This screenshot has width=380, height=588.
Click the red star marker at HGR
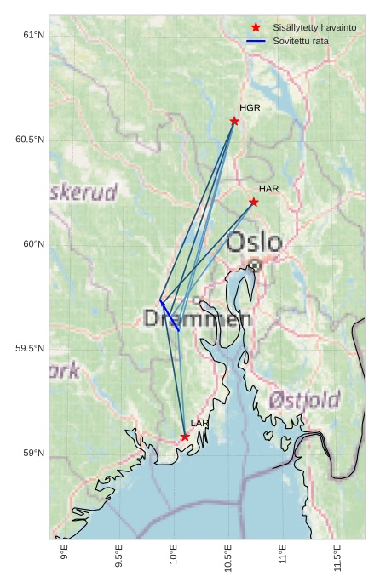[x=234, y=121]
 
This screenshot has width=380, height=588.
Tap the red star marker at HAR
[x=254, y=202]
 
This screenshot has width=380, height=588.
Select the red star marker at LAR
[x=185, y=437]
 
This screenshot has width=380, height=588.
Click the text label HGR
[x=250, y=108]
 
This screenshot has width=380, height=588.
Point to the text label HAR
[x=269, y=188]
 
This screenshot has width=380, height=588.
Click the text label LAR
[x=199, y=423]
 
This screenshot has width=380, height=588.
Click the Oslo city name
[x=254, y=243]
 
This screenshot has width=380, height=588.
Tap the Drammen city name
[x=198, y=319]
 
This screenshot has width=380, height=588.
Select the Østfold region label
[x=304, y=399]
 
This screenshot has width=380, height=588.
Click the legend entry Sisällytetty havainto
[x=314, y=27]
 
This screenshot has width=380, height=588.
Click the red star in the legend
[x=256, y=27]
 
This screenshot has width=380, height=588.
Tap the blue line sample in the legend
[x=256, y=41]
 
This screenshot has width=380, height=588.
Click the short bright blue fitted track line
[x=169, y=314]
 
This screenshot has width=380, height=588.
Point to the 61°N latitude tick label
[x=33, y=35]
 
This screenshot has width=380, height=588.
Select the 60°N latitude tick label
[x=33, y=244]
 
